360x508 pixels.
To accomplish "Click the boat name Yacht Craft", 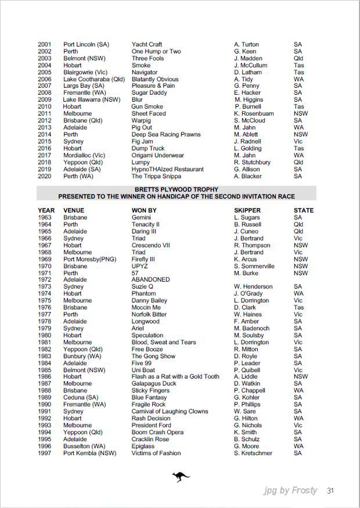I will [147, 44].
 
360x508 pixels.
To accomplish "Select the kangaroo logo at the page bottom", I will [181, 477].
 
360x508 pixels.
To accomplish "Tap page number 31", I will [330, 491].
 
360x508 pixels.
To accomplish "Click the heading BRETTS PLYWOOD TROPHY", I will [176, 189].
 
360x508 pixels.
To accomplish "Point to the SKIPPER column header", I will [247, 210].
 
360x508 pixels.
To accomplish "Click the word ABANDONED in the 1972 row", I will [150, 279].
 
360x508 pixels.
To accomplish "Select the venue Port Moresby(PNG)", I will [89, 259].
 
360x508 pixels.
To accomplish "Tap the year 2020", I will [45, 176].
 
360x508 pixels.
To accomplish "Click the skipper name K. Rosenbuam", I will [254, 114].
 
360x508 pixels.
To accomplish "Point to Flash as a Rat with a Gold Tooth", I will [175, 376].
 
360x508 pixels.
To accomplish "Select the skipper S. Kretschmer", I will [253, 453].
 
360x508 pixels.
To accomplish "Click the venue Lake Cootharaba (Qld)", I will [93, 79].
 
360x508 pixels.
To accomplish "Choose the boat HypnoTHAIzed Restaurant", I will [168, 169].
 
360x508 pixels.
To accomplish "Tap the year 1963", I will [45, 217].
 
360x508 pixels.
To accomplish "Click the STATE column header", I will [304, 210].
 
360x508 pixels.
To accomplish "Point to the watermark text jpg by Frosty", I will [290, 491].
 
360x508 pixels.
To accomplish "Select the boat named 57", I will [135, 273].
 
